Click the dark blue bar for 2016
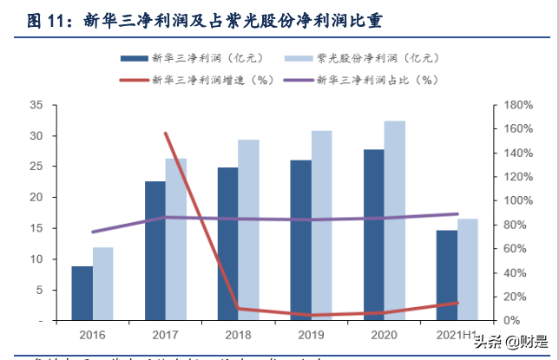[82, 293]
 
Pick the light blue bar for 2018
[248, 230]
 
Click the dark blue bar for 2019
[300, 240]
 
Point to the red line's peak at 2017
[165, 133]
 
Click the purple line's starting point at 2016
[92, 232]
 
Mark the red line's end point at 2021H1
[457, 303]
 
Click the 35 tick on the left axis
[36, 105]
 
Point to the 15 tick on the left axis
[36, 228]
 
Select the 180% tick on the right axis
[511, 105]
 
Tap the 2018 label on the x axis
[239, 334]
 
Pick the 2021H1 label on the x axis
[456, 334]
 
